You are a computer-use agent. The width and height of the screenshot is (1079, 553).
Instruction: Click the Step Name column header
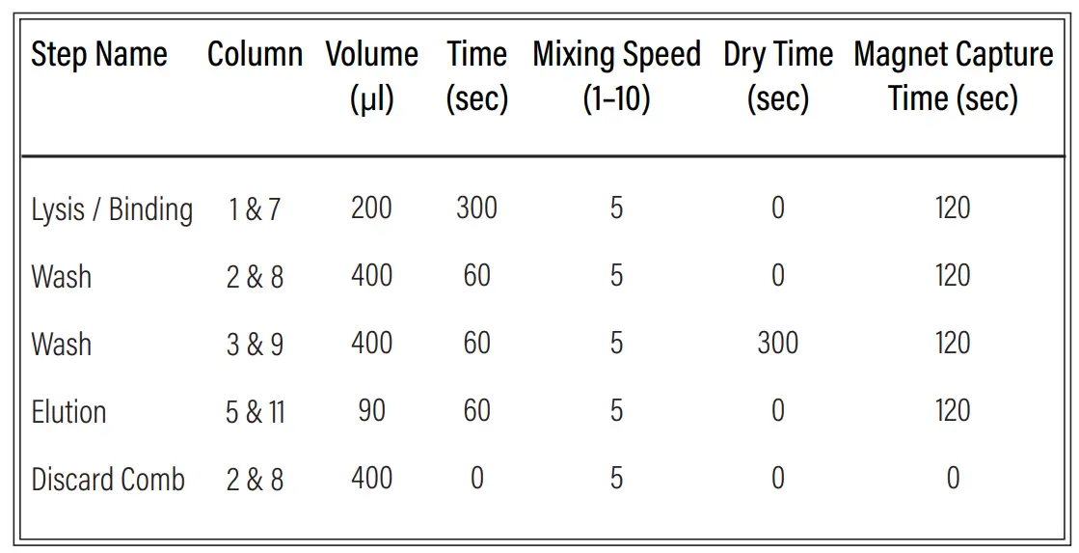click(98, 55)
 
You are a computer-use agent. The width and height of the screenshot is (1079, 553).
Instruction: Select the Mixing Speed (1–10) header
click(616, 75)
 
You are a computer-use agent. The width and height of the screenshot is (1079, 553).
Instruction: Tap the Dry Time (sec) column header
click(777, 75)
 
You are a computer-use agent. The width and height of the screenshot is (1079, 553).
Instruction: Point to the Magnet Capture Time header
click(953, 75)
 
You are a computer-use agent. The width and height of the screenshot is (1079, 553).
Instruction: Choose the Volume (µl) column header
click(371, 75)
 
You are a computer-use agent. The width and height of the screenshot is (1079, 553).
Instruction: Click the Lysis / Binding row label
click(112, 209)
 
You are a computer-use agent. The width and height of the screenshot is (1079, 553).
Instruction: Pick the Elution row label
click(68, 412)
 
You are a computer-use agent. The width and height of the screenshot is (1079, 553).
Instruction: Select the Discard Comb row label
click(108, 480)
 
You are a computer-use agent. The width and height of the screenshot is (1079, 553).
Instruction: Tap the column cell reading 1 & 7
click(255, 209)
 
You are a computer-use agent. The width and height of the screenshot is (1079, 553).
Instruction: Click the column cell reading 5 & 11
click(255, 412)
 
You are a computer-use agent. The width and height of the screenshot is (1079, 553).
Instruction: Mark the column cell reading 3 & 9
click(255, 345)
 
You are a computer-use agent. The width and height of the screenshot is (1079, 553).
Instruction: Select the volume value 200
click(371, 208)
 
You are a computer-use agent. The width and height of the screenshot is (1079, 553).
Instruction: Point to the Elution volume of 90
click(371, 411)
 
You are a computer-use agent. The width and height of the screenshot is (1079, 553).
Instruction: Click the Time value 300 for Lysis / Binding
click(476, 208)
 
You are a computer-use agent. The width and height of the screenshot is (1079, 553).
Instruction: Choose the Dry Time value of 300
click(777, 344)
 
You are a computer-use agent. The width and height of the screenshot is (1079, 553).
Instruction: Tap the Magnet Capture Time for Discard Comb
click(953, 479)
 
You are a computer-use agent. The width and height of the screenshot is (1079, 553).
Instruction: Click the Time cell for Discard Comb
click(476, 479)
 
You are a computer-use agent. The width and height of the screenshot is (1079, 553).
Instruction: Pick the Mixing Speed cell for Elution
click(616, 411)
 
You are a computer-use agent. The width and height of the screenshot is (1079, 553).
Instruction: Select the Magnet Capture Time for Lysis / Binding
click(953, 208)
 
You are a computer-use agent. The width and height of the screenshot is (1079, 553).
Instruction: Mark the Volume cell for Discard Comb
click(371, 479)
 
